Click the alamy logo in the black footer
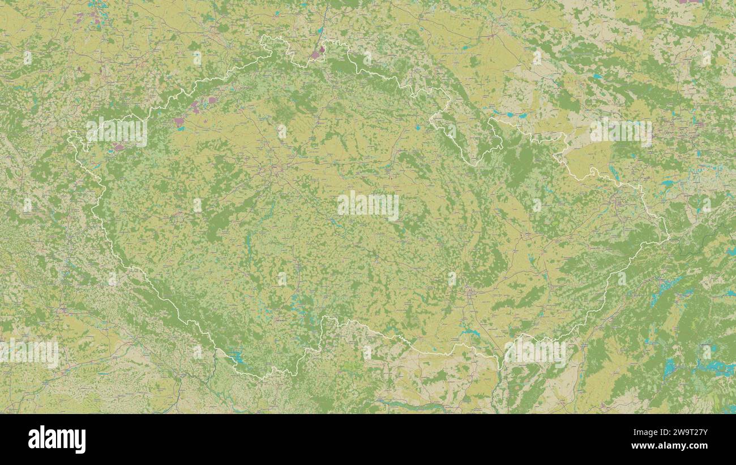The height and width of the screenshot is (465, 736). pyautogui.click(x=57, y=440)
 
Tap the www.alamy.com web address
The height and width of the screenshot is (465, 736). pyautogui.click(x=670, y=446)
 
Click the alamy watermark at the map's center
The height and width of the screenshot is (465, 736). pyautogui.click(x=368, y=206)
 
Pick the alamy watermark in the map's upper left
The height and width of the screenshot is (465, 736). pyautogui.click(x=117, y=132)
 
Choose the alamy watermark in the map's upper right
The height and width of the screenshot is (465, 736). pyautogui.click(x=621, y=132)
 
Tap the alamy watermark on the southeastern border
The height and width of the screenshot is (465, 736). pyautogui.click(x=535, y=352)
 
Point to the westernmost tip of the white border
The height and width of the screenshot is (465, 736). pyautogui.click(x=69, y=134)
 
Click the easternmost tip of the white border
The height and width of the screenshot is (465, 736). pyautogui.click(x=669, y=234)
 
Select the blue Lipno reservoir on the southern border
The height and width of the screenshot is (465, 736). pyautogui.click(x=236, y=356)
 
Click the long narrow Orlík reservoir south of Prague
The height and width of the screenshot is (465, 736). pyautogui.click(x=248, y=244)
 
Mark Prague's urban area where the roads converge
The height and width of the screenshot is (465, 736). pyautogui.click(x=276, y=168)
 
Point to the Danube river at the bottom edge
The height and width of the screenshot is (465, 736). pyautogui.click(x=408, y=406)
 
